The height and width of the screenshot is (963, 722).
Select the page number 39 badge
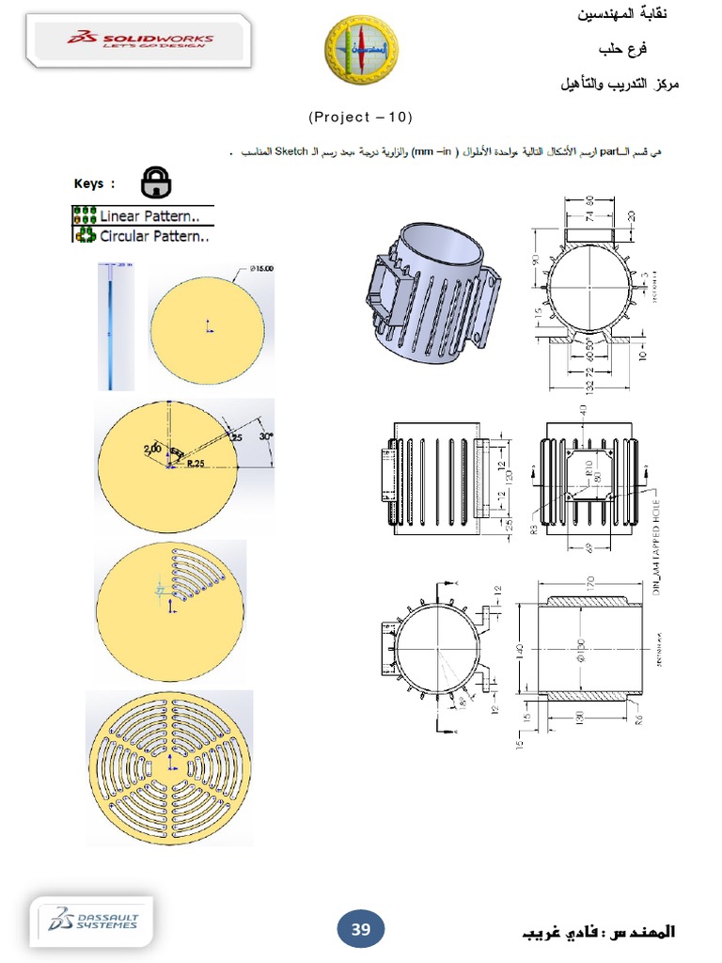[361, 930]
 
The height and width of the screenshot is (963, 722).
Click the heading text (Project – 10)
[360, 117]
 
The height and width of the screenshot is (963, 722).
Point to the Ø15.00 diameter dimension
[260, 269]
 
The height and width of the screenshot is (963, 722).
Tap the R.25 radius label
[196, 464]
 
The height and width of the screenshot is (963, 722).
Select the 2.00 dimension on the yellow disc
[152, 449]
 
